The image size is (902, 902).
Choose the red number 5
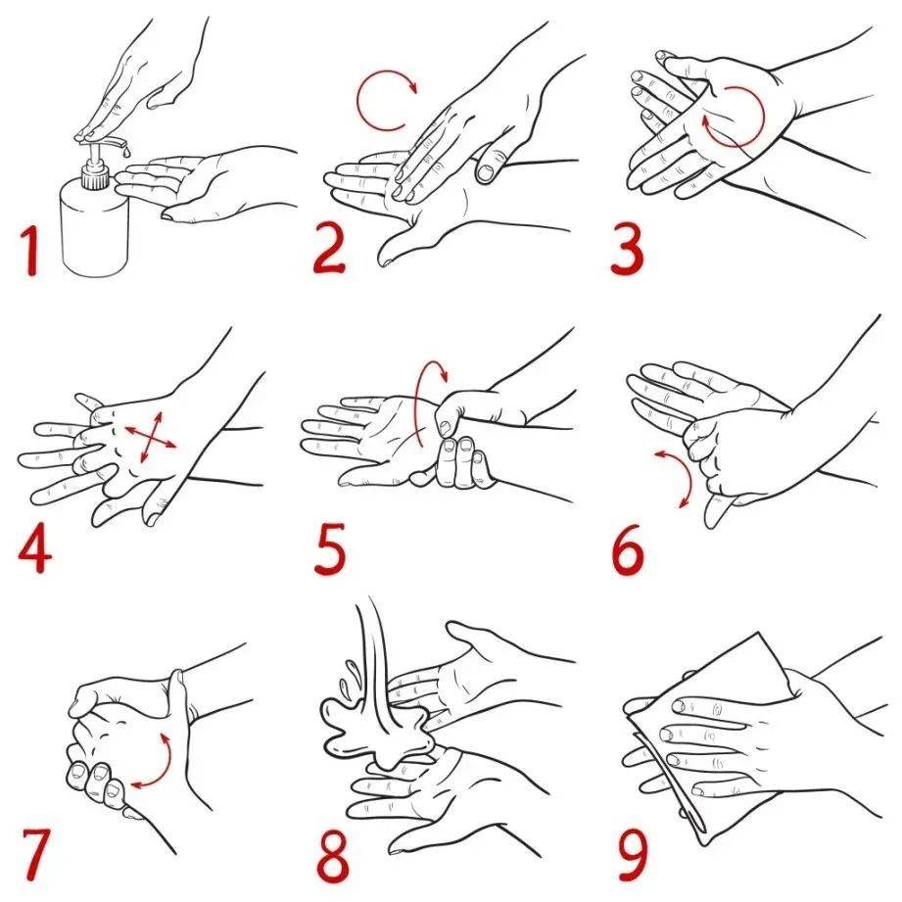coord(330,548)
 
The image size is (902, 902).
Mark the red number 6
coord(628,548)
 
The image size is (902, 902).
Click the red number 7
coord(35,854)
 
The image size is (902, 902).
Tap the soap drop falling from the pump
coord(124,151)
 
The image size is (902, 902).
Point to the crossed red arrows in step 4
coord(151,436)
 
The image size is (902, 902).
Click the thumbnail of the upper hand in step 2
coord(486,171)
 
